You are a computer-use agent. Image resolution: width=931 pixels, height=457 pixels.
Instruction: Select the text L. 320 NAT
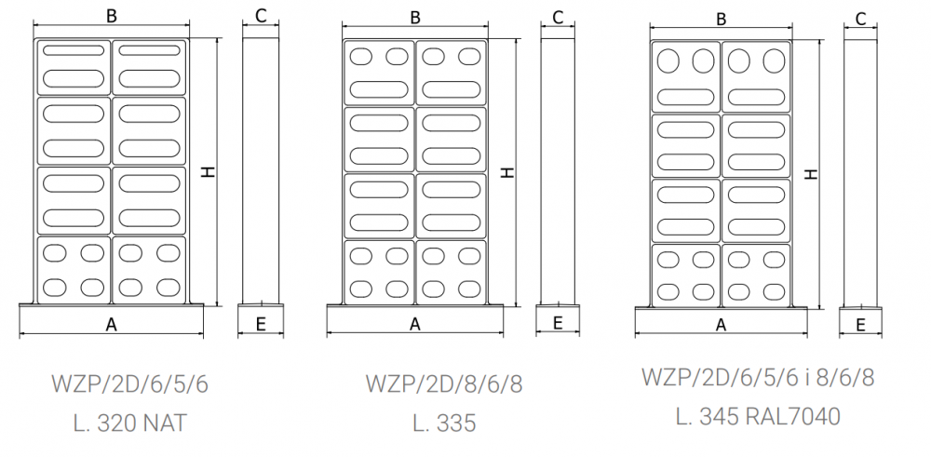(130, 423)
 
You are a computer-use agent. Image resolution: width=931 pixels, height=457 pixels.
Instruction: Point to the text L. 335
(443, 423)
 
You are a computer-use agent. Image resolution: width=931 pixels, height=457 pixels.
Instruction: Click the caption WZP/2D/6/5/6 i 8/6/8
(757, 377)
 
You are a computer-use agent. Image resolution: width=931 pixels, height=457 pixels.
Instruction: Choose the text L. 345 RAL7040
(757, 416)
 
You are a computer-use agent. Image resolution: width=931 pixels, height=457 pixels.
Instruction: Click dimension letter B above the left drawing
(111, 15)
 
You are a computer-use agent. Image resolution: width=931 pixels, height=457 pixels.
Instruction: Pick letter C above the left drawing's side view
(261, 15)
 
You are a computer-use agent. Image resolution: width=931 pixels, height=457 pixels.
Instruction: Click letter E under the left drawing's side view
(261, 324)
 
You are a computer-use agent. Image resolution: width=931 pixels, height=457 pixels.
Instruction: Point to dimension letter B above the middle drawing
(415, 17)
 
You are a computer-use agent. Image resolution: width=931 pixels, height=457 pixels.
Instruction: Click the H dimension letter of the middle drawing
(506, 172)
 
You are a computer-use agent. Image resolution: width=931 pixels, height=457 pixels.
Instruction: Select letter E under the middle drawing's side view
(558, 323)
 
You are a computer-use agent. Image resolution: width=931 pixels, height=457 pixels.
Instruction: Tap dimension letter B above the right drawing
(721, 18)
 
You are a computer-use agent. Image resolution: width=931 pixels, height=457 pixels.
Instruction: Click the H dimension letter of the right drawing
(811, 174)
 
